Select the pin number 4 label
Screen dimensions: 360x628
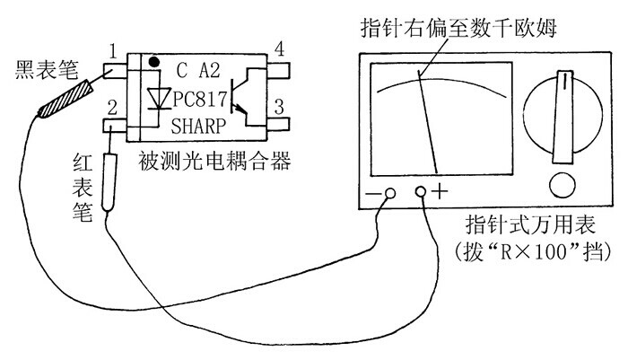(280, 49)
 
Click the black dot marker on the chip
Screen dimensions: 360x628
(154, 63)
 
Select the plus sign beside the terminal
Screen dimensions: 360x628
(441, 191)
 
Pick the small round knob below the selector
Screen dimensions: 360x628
(563, 185)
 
